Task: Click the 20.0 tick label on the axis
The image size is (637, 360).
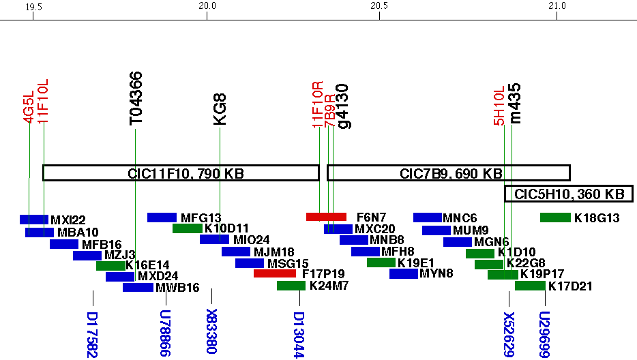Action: coord(207,6)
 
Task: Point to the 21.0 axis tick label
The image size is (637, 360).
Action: coord(557,6)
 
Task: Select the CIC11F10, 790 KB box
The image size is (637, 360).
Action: coord(181,173)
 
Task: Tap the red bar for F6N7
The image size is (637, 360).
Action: coord(326,217)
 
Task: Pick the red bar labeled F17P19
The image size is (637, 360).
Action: coord(274,273)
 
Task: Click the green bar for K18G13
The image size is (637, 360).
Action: coord(554,217)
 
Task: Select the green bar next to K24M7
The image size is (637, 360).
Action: coord(291,286)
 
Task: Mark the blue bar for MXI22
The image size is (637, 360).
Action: coord(34,220)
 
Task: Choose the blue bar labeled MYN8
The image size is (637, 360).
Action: coord(403,273)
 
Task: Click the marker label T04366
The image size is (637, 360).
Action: coord(136,98)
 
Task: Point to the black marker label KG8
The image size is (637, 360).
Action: coord(220,110)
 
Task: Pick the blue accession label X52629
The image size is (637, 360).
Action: coord(509,334)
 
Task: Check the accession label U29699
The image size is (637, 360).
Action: coord(545,334)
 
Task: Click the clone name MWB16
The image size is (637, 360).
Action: coord(177,288)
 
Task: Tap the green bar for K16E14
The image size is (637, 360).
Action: coord(110,266)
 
